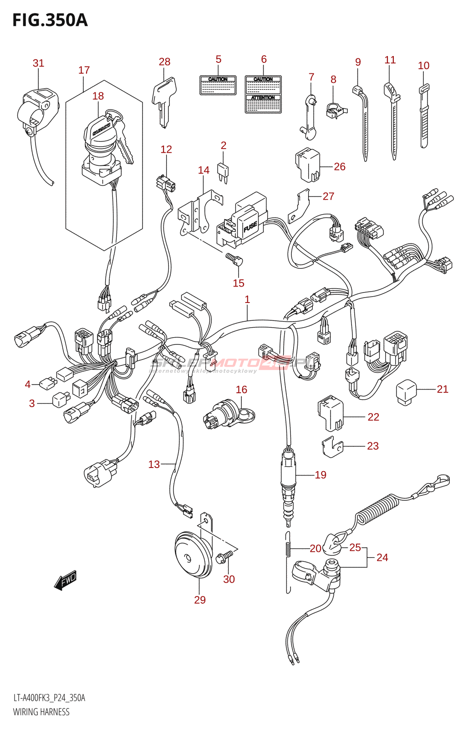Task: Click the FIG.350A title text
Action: pos(50,21)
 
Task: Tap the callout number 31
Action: pos(38,63)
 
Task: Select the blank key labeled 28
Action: pos(162,100)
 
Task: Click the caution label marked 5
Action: pos(218,86)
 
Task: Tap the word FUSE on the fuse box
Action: pos(250,226)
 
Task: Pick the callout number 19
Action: pos(320,475)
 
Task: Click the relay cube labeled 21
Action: pos(406,391)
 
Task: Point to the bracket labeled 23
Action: pos(332,447)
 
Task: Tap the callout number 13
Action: pos(154,464)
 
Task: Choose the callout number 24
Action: pos(382,557)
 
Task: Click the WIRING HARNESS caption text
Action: pos(41,712)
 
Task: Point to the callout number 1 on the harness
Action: pos(247,299)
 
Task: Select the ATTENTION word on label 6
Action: pos(263,98)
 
